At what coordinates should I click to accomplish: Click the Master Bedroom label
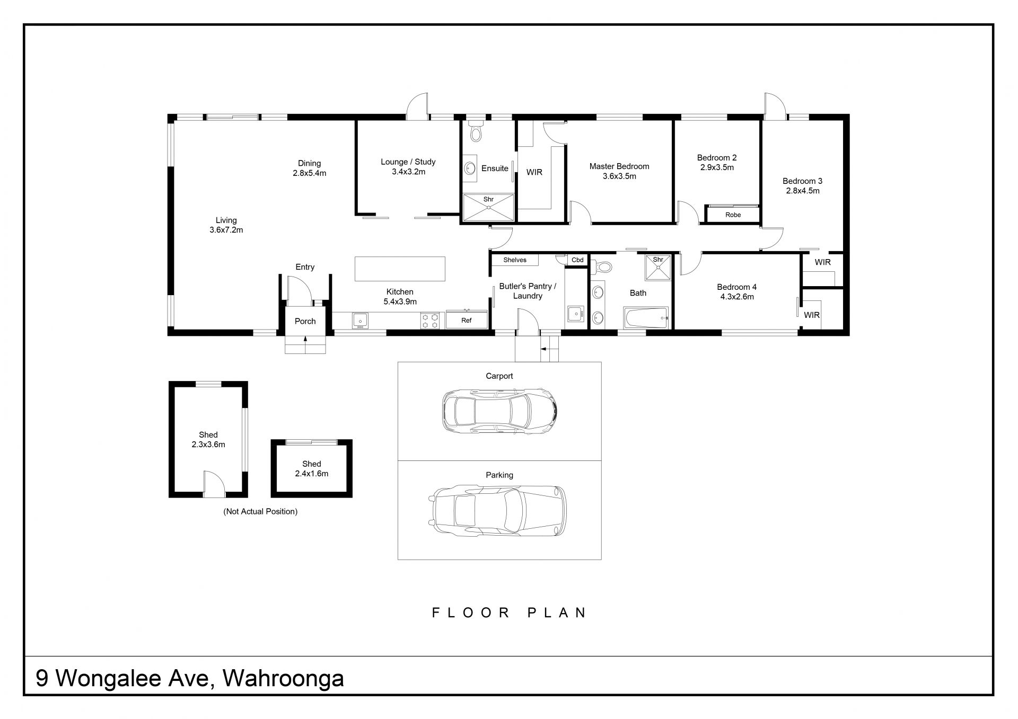tap(619, 166)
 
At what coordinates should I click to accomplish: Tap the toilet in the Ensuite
tap(475, 131)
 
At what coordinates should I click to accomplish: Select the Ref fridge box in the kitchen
tap(467, 319)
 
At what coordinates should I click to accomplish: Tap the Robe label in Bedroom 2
tap(733, 215)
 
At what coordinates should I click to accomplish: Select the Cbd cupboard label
tap(577, 260)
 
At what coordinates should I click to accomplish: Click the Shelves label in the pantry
tap(515, 260)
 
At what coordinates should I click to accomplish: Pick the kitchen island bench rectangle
tap(400, 269)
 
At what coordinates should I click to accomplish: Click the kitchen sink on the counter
tap(360, 321)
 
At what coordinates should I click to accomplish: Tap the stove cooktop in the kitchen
tap(430, 321)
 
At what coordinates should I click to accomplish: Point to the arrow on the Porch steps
tap(305, 340)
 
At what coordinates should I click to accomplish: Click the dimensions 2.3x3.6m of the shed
tap(208, 445)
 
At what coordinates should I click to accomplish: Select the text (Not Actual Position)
tap(260, 511)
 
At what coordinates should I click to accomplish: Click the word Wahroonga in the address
tap(283, 678)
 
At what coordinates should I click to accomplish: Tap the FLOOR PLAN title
tap(509, 613)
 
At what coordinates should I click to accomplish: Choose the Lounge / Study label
tap(408, 162)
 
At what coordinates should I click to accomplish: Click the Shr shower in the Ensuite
tap(488, 207)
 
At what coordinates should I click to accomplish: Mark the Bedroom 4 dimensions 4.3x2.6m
tap(737, 297)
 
